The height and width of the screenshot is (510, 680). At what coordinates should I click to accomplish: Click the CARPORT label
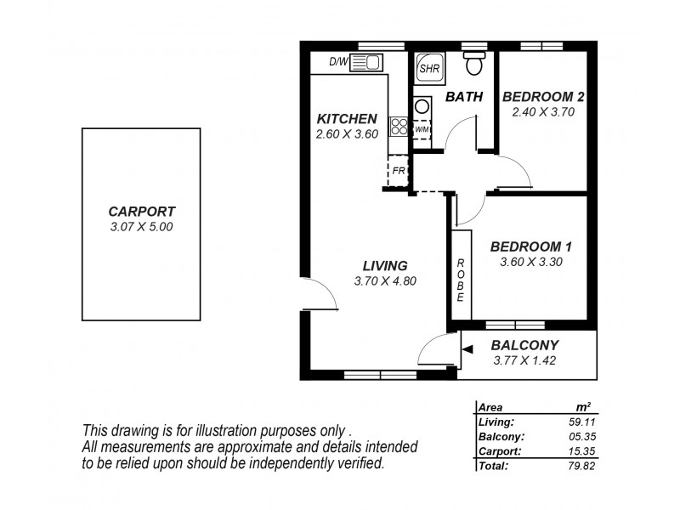pyautogui.click(x=141, y=212)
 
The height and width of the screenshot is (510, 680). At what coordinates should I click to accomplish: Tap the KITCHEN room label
pyautogui.click(x=346, y=119)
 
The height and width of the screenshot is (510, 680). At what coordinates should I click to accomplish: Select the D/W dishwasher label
pyautogui.click(x=338, y=61)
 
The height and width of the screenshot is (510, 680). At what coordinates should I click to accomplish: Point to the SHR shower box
pyautogui.click(x=427, y=67)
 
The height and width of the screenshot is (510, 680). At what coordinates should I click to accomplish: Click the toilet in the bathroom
pyautogui.click(x=474, y=64)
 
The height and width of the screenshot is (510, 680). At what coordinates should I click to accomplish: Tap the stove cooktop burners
pyautogui.click(x=399, y=127)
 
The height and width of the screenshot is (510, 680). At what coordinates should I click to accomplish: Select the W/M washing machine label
pyautogui.click(x=422, y=129)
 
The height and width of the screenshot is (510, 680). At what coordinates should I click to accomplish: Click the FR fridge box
pyautogui.click(x=398, y=171)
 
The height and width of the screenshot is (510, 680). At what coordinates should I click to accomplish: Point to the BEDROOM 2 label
pyautogui.click(x=543, y=96)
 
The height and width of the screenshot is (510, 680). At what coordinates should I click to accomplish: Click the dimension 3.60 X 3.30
pyautogui.click(x=531, y=262)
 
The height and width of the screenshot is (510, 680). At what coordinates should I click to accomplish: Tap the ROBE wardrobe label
pyautogui.click(x=460, y=280)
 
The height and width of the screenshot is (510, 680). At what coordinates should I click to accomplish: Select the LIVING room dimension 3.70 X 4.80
pyautogui.click(x=384, y=281)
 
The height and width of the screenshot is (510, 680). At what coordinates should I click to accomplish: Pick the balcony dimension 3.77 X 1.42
pyautogui.click(x=524, y=360)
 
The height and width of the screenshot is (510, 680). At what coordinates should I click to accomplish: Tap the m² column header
pyautogui.click(x=583, y=407)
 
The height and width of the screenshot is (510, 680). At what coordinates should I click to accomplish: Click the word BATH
pyautogui.click(x=464, y=98)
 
